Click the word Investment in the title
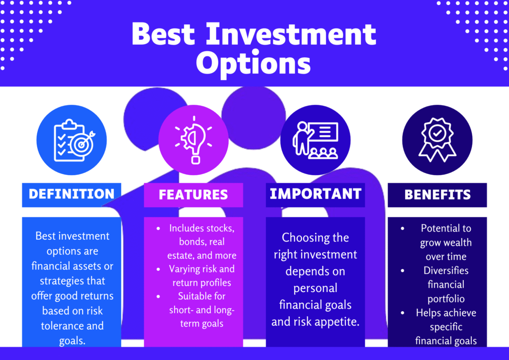point(291,34)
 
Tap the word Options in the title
point(254,63)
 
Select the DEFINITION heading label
point(72,194)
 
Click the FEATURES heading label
point(193,195)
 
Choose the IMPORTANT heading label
point(316,194)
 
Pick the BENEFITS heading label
point(437,195)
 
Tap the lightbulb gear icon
point(193,140)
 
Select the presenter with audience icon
point(316,140)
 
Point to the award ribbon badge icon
point(437,139)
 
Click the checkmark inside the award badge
point(437,133)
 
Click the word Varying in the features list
point(184,269)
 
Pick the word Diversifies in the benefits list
point(446,270)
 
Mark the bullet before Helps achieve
point(403,313)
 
